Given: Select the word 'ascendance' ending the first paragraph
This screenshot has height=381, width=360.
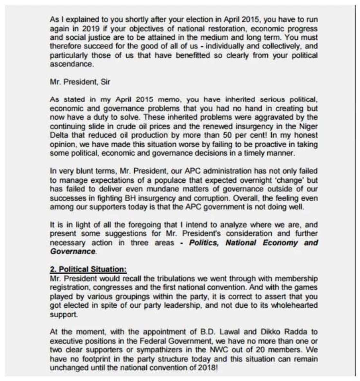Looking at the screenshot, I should [x=71, y=64].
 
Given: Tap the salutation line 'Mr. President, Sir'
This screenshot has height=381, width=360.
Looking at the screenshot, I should [x=80, y=82].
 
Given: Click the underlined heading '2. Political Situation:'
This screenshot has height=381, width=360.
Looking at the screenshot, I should [x=88, y=269].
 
